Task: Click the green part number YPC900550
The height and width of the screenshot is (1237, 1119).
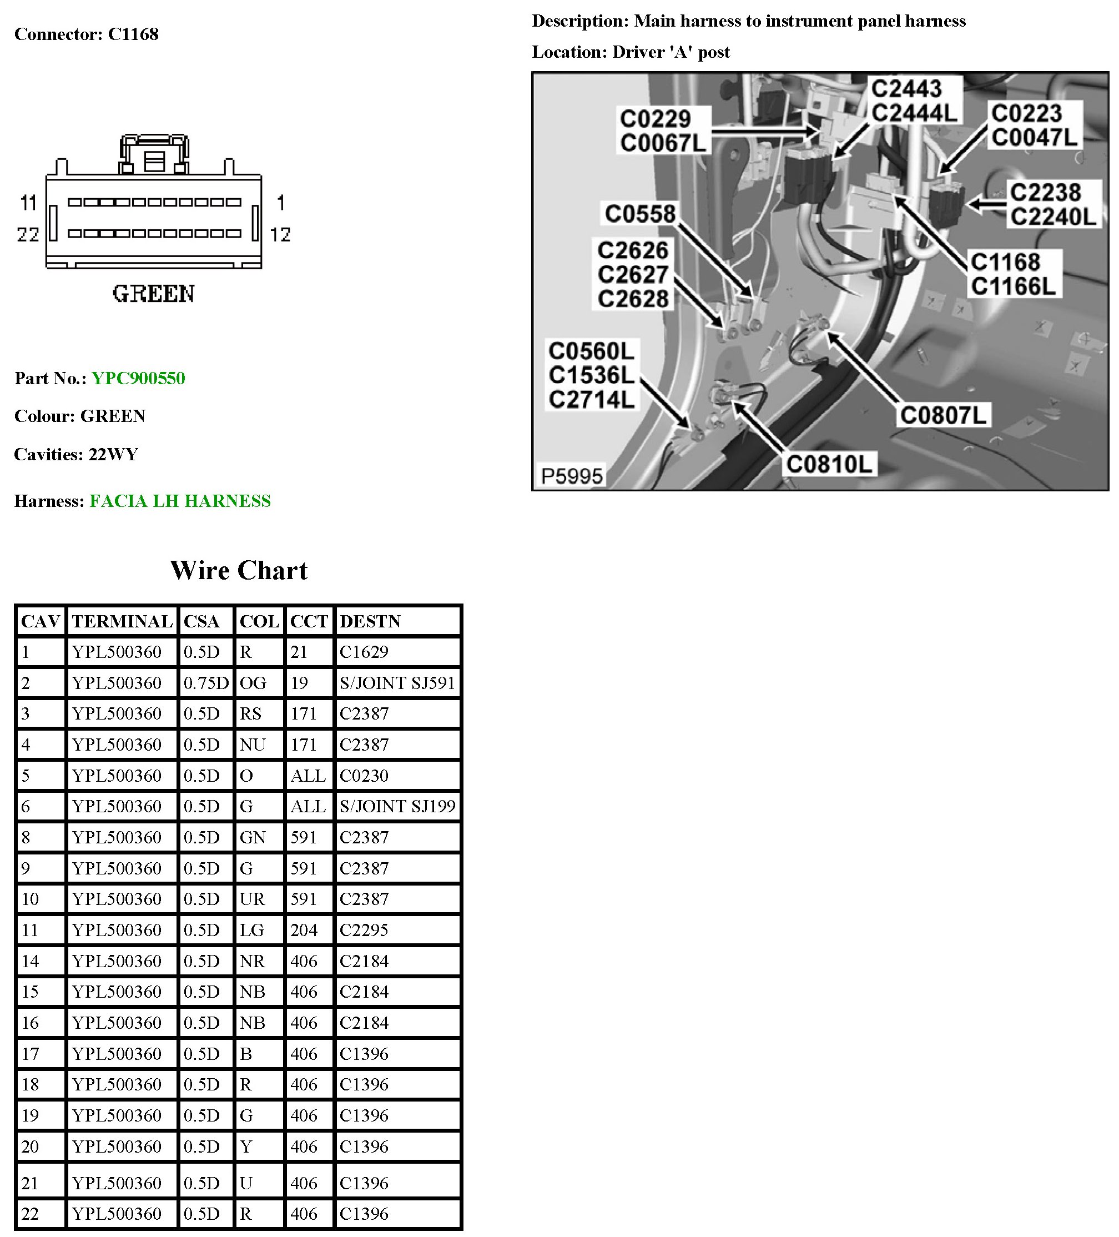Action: (138, 378)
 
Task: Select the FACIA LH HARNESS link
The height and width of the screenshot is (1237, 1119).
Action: (180, 501)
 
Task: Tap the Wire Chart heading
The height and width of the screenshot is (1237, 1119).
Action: (239, 570)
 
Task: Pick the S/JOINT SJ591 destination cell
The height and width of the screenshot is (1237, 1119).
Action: (397, 683)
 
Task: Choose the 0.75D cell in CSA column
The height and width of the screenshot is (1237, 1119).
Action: (205, 683)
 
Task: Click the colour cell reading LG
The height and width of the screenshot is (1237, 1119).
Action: (251, 929)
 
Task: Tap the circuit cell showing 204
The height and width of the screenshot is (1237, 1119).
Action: (304, 929)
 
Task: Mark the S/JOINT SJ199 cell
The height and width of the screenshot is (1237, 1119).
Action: (397, 806)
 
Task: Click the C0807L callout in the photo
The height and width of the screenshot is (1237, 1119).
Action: (942, 415)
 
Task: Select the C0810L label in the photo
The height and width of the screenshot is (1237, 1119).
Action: (829, 464)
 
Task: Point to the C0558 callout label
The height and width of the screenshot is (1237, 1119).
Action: (640, 214)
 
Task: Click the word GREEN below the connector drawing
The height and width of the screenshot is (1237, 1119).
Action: (153, 293)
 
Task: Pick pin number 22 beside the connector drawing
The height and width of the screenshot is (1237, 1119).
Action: (28, 234)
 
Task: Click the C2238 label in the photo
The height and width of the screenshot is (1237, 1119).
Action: (1045, 192)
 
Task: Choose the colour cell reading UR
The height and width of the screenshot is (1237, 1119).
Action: (251, 899)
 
